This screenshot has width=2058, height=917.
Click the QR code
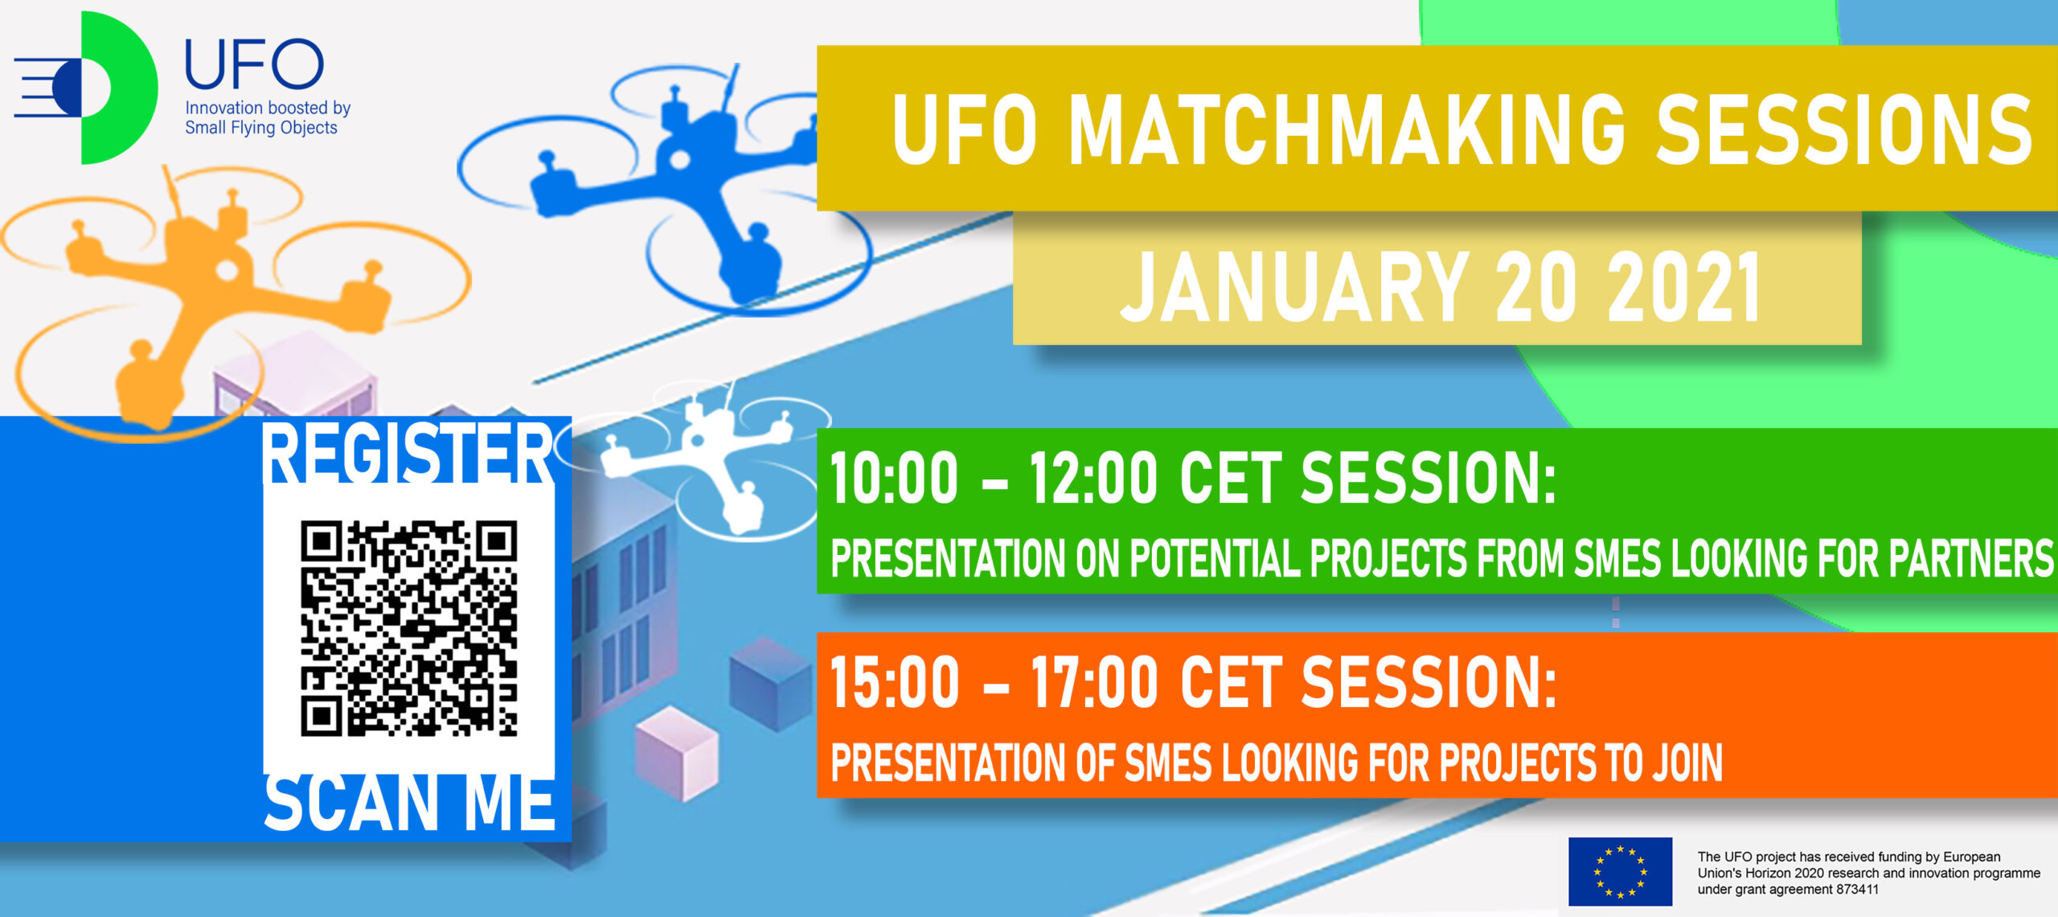[408, 628]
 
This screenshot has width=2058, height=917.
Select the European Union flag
[1620, 871]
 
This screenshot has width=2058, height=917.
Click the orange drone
[225, 298]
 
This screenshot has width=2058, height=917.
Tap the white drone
[707, 458]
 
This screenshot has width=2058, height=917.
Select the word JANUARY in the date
[1295, 286]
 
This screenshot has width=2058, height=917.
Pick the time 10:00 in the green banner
[894, 478]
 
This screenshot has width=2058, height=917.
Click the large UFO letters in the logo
[254, 64]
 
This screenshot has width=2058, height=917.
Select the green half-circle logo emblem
[119, 88]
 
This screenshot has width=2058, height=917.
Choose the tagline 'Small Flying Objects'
[261, 128]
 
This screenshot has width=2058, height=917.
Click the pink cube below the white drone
[677, 754]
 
